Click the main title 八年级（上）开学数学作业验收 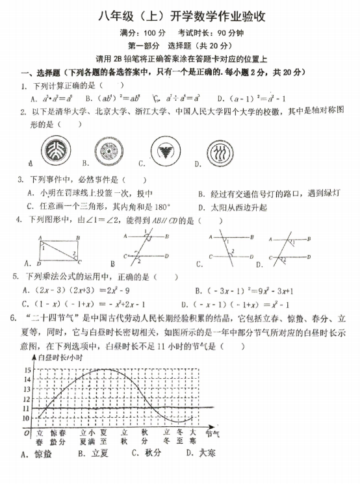[179, 15]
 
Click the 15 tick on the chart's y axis [27, 370]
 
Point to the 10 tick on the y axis [27, 418]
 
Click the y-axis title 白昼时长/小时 [62, 357]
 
